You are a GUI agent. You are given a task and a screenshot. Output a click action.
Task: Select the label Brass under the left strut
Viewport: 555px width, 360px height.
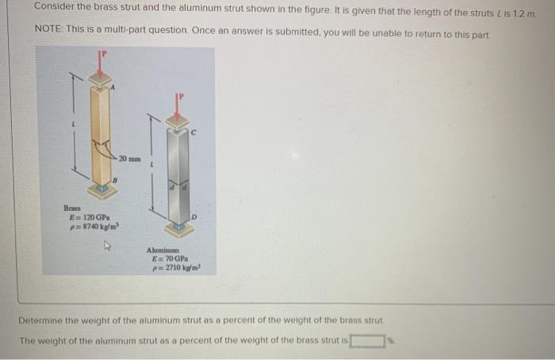(x=72, y=208)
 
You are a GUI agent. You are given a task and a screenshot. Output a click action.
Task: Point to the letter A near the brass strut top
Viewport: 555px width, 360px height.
(x=113, y=88)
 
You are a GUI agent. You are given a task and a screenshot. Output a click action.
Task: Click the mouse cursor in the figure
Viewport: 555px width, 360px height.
(x=110, y=247)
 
